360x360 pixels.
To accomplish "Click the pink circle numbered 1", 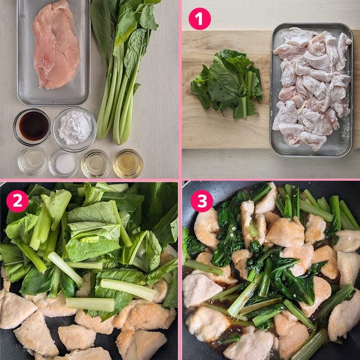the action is [x=199, y=19].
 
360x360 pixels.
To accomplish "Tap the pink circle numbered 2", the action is [x=17, y=201].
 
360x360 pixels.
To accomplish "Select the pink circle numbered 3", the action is [x=202, y=201].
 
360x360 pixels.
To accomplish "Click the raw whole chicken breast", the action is [x=56, y=45].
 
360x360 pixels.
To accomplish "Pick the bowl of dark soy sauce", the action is [x=32, y=127].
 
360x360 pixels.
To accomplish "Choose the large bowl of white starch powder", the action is [x=74, y=129].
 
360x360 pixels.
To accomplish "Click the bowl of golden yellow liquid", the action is [x=128, y=164].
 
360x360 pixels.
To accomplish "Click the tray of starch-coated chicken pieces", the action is [x=312, y=89].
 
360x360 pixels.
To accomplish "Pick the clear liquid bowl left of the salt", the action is [x=33, y=161].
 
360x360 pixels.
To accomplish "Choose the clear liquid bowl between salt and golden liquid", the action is [x=96, y=164].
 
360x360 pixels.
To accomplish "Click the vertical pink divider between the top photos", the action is [x=180, y=89].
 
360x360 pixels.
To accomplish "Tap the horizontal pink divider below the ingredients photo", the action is [x=89, y=180].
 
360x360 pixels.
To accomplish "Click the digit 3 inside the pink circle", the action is [x=202, y=201].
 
